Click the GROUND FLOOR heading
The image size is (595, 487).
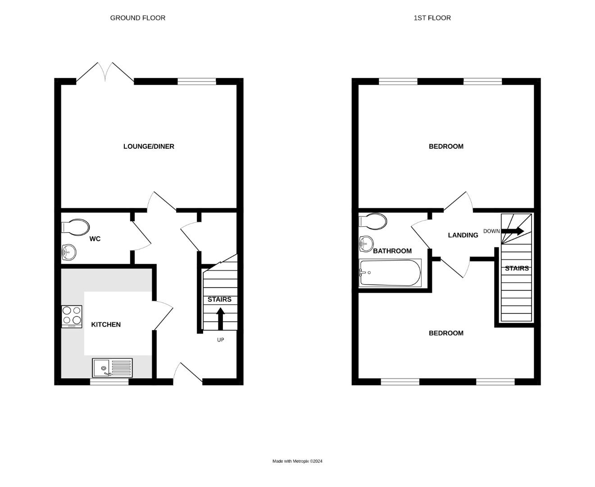click(x=137, y=18)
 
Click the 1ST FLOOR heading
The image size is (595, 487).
click(x=432, y=18)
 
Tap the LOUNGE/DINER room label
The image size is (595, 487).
click(x=149, y=147)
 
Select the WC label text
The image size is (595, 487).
click(x=95, y=239)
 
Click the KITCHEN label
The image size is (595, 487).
click(x=106, y=325)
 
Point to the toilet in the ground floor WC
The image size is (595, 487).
click(x=75, y=227)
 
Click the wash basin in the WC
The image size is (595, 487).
click(x=69, y=252)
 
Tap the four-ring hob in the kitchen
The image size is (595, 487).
click(x=72, y=316)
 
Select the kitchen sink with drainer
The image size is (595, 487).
click(x=112, y=368)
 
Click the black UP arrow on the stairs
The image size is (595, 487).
click(x=220, y=318)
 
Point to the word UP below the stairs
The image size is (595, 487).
click(x=220, y=340)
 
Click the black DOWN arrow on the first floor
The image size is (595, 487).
click(x=513, y=231)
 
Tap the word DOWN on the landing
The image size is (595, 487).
click(x=491, y=231)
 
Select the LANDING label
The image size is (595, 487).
click(x=463, y=235)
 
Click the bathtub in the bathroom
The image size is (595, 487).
click(x=390, y=273)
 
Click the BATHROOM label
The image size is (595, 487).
click(x=392, y=251)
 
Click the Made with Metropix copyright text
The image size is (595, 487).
click(x=297, y=461)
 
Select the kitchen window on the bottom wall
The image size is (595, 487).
click(x=109, y=382)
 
